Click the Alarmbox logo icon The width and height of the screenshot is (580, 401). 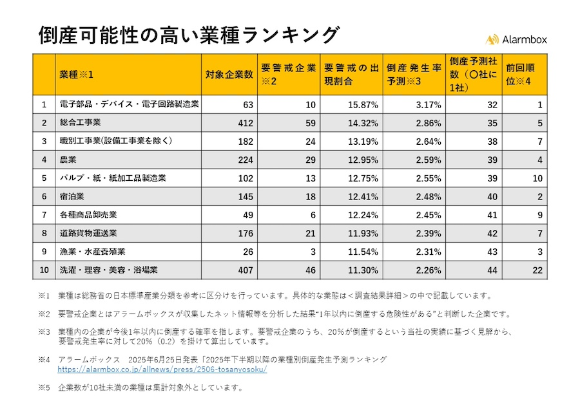click(x=492, y=39)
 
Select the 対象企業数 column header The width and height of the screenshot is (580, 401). click(x=229, y=74)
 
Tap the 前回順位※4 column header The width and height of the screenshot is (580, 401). click(x=523, y=74)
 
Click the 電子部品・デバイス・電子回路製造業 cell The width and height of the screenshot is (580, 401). click(x=129, y=104)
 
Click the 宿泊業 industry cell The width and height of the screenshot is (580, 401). click(x=72, y=196)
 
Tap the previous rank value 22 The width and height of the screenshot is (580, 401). click(x=537, y=270)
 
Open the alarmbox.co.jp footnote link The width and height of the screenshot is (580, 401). click(x=162, y=370)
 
